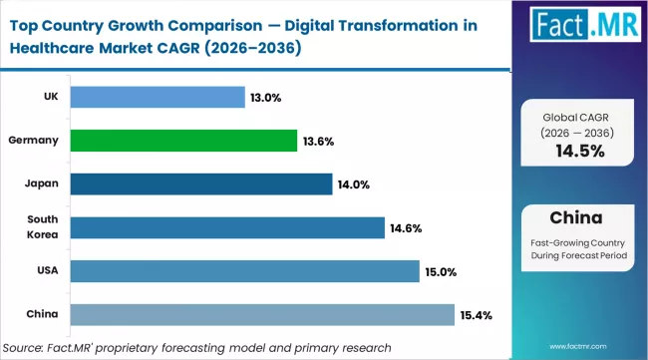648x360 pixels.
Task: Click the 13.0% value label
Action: click(265, 98)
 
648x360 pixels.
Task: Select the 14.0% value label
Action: click(353, 184)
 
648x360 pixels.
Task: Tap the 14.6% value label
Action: click(406, 228)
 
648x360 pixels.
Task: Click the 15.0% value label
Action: click(441, 272)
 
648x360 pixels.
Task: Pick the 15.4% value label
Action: click(476, 315)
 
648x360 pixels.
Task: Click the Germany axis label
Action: click(35, 142)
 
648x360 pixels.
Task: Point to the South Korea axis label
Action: click(42, 227)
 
